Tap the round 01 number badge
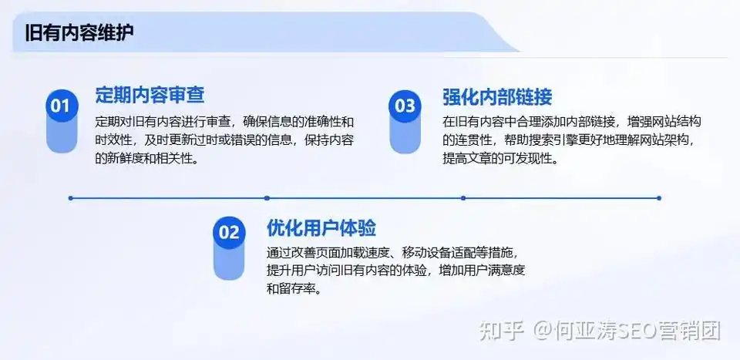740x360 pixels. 59,105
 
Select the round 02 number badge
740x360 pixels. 229,232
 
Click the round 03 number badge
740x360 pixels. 404,105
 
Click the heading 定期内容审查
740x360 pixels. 150,96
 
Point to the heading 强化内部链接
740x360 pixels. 497,97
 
